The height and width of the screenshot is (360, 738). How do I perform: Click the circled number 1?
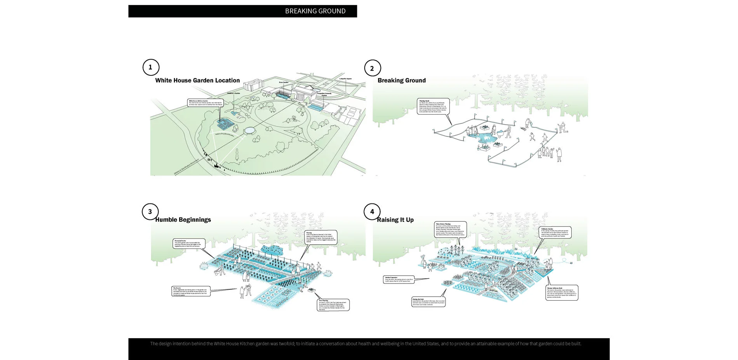pos(151,67)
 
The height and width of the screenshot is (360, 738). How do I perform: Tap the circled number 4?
pos(372,212)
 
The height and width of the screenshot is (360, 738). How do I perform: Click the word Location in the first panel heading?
pos(227,80)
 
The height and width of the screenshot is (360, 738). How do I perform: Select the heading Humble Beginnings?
pos(183,220)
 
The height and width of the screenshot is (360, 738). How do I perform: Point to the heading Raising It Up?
pos(395,220)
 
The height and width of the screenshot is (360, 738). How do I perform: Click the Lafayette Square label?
pos(345,79)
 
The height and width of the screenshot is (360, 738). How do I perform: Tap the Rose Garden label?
pos(284,82)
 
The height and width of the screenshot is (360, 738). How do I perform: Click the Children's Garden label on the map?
pos(233,93)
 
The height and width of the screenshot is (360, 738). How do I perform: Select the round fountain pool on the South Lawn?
pos(249,130)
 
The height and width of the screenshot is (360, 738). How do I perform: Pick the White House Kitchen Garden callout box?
pos(205,103)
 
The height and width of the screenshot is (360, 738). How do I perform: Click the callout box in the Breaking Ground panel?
pos(433,106)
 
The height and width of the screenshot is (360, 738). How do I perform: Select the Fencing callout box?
pos(321,237)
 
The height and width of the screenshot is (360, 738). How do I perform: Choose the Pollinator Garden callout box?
pos(555,232)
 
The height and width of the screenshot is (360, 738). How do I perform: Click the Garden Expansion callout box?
pos(399,280)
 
